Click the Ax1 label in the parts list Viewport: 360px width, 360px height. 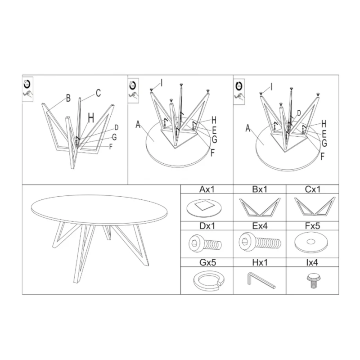pyautogui.click(x=207, y=189)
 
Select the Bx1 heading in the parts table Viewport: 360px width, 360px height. pyautogui.click(x=260, y=189)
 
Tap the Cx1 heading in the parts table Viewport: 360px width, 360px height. pyautogui.click(x=312, y=189)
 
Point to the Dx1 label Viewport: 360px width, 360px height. pyautogui.click(x=207, y=226)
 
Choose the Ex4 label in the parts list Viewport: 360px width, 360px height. pyautogui.click(x=260, y=226)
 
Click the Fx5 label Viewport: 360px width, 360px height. pyautogui.click(x=312, y=226)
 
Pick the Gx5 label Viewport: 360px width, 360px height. pyautogui.click(x=208, y=262)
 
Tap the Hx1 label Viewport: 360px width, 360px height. pyautogui.click(x=260, y=262)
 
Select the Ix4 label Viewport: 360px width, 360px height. pyautogui.click(x=312, y=262)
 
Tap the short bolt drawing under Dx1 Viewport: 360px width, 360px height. pyautogui.click(x=205, y=243)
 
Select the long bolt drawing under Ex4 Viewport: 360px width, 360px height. pyautogui.click(x=260, y=243)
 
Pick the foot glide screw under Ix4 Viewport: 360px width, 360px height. pyautogui.click(x=312, y=281)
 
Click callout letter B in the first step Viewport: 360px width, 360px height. pyautogui.click(x=68, y=98)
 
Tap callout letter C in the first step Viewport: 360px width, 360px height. pyautogui.click(x=98, y=93)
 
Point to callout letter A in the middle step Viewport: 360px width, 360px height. pyautogui.click(x=138, y=125)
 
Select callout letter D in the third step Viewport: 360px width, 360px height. pyautogui.click(x=299, y=113)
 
